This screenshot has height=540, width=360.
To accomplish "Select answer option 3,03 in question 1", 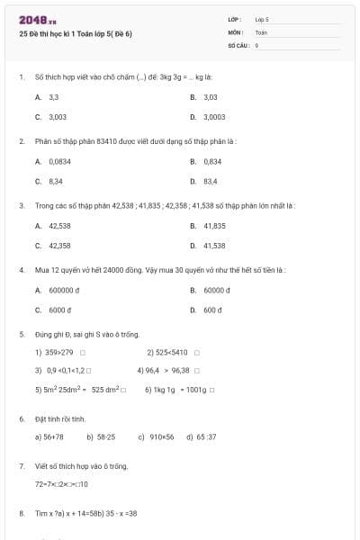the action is tap(210, 96).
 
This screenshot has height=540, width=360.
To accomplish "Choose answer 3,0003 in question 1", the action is tap(213, 116).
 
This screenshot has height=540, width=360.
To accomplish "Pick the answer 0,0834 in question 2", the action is tap(59, 161).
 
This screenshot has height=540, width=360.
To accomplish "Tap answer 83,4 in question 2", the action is tap(210, 181).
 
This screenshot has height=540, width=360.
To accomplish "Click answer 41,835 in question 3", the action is tap(213, 226).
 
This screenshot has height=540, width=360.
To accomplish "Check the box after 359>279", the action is tap(82, 353).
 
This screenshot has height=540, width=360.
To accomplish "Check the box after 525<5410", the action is tap(196, 353).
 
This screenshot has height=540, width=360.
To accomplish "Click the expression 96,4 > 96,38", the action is tap(167, 370).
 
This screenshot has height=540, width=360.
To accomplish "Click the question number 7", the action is tap(21, 466).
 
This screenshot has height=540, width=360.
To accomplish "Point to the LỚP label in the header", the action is tap(235, 19).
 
